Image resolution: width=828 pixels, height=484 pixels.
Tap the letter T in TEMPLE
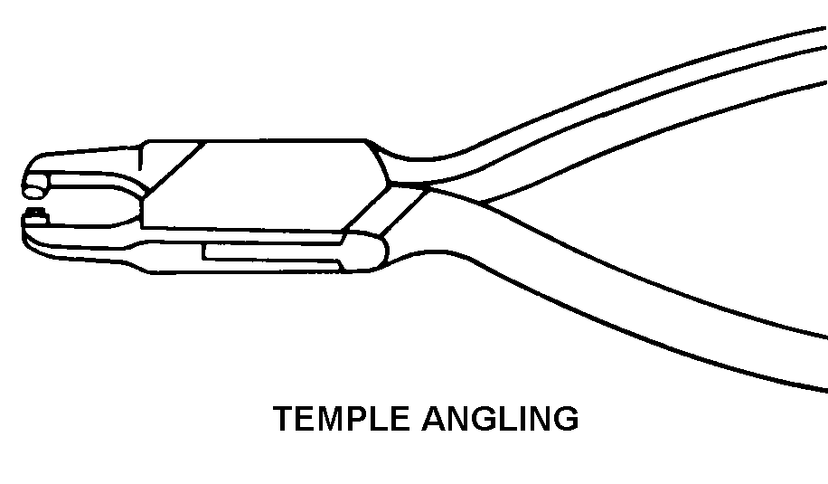284,420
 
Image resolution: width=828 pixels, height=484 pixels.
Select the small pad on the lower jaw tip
36,214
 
